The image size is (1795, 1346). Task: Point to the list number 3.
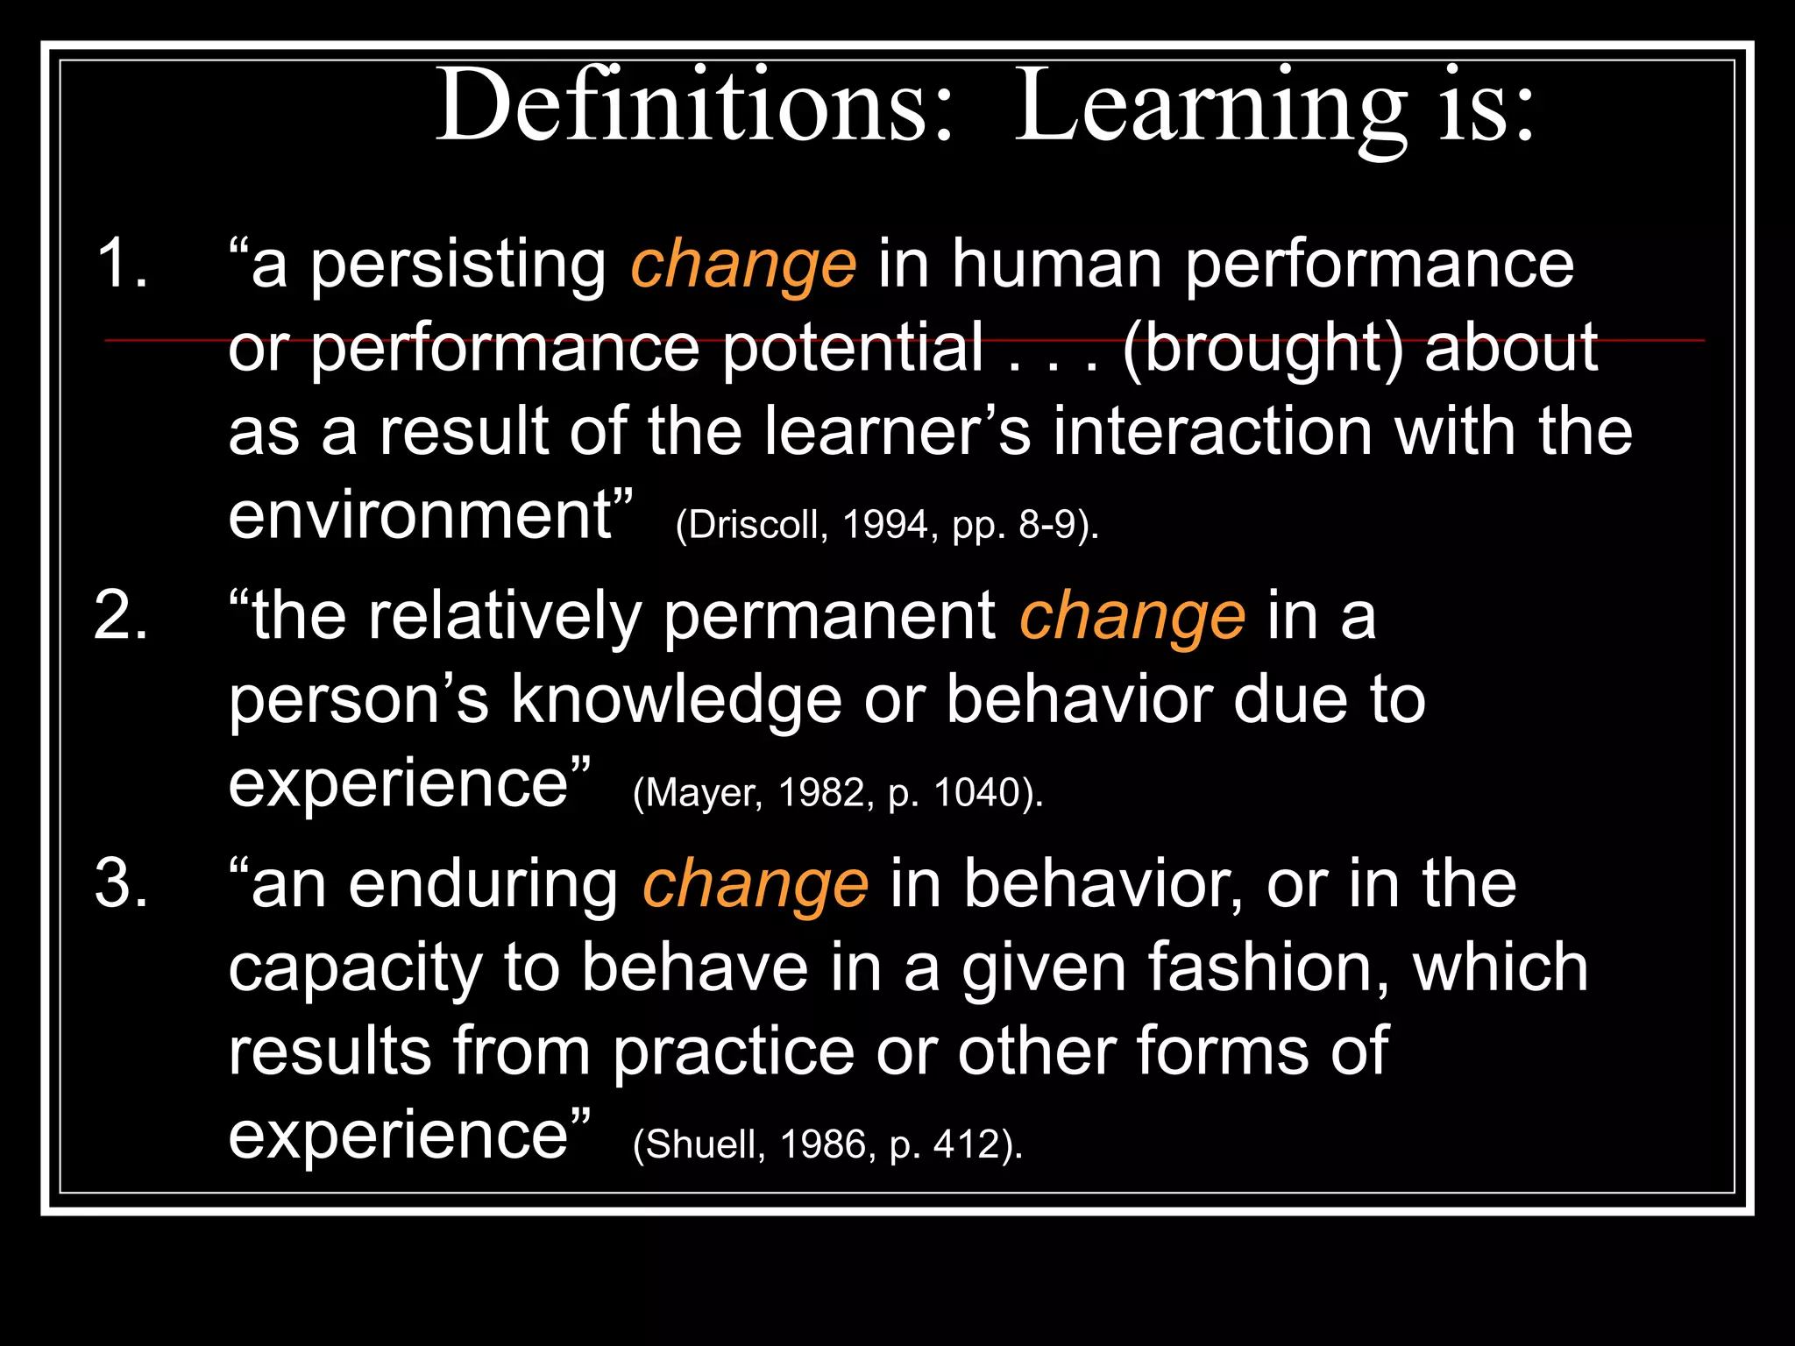121,883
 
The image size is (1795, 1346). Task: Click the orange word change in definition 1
743,265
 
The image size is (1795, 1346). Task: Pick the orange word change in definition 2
1132,617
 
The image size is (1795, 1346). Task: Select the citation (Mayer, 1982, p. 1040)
838,793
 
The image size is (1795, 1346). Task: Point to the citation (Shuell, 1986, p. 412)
827,1144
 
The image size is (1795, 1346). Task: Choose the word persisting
458,265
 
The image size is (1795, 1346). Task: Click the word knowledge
676,700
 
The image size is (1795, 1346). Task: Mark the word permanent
829,616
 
